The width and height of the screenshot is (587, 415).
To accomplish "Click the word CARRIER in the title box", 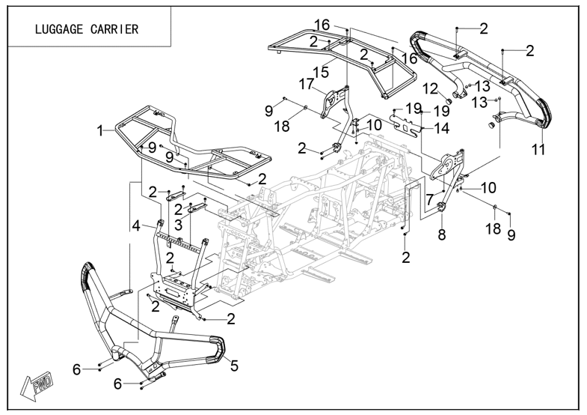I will pyautogui.click(x=114, y=30).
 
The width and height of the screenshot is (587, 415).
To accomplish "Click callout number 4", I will pyautogui.click(x=136, y=224).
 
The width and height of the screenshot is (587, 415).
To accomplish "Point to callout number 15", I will pyautogui.click(x=321, y=72).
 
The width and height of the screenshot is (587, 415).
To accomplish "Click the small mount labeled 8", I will pyautogui.click(x=440, y=207).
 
